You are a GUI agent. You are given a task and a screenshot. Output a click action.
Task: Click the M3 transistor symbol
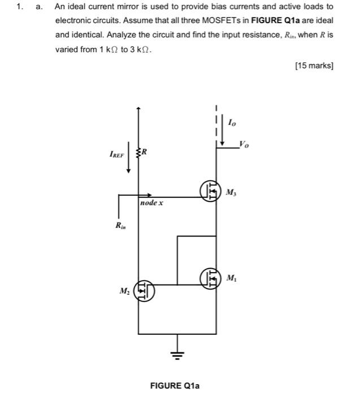coord(210,191)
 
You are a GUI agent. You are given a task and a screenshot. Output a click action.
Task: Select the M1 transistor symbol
coord(210,278)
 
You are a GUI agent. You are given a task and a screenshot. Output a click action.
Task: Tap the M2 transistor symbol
coord(144,292)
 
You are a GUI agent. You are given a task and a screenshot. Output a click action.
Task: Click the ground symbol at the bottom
coord(177,356)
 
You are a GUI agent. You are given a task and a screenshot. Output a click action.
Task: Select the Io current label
coord(232,122)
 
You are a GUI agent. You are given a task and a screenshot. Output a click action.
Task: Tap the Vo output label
coord(243,144)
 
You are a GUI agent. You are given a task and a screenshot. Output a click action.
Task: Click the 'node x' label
coord(151,202)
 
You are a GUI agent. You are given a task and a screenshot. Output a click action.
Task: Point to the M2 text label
coord(124,291)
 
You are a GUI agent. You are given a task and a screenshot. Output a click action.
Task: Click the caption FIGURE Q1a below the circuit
coord(175,385)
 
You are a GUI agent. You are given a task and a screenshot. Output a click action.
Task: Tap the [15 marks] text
coord(314,66)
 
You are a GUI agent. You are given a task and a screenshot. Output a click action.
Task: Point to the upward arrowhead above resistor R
coord(138,107)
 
